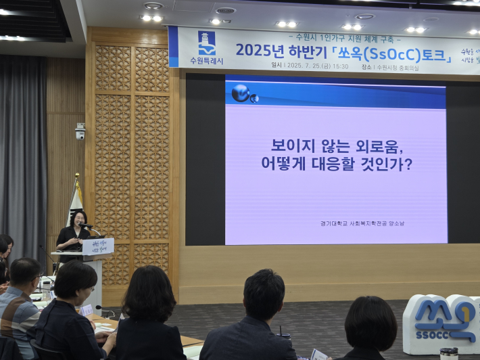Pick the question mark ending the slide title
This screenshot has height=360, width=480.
408,163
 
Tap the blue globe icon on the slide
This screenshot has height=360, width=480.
241,93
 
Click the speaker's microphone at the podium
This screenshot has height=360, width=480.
86,225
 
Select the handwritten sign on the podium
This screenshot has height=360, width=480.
98,246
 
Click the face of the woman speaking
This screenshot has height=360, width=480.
79,219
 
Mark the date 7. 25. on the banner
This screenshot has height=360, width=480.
314,66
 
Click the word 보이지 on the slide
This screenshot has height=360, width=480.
290,145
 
